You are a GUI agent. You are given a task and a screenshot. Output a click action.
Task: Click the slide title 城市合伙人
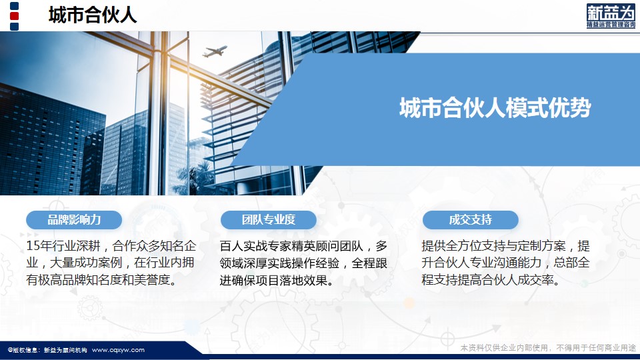pyautogui.click(x=93, y=15)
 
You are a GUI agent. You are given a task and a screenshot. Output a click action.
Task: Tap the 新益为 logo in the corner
pyautogui.click(x=611, y=16)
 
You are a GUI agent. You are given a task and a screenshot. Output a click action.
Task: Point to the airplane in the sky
pyautogui.click(x=214, y=51)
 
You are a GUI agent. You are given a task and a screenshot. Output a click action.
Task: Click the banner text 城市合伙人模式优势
pyautogui.click(x=495, y=108)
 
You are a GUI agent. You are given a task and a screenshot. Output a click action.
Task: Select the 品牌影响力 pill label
pyautogui.click(x=74, y=220)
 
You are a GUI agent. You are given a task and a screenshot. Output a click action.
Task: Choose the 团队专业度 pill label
pyautogui.click(x=269, y=220)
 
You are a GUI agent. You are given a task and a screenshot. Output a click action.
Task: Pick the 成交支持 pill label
pyautogui.click(x=471, y=220)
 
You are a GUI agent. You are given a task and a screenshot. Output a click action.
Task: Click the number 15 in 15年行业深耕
pyautogui.click(x=33, y=246)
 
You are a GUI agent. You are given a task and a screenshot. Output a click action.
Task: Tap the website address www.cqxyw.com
pyautogui.click(x=119, y=350)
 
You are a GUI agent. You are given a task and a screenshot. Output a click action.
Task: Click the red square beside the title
pyautogui.click(x=14, y=16)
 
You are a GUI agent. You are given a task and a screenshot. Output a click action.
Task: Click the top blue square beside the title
pyautogui.click(x=14, y=6)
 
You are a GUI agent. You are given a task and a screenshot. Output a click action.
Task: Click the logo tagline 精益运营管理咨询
pyautogui.click(x=611, y=25)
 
